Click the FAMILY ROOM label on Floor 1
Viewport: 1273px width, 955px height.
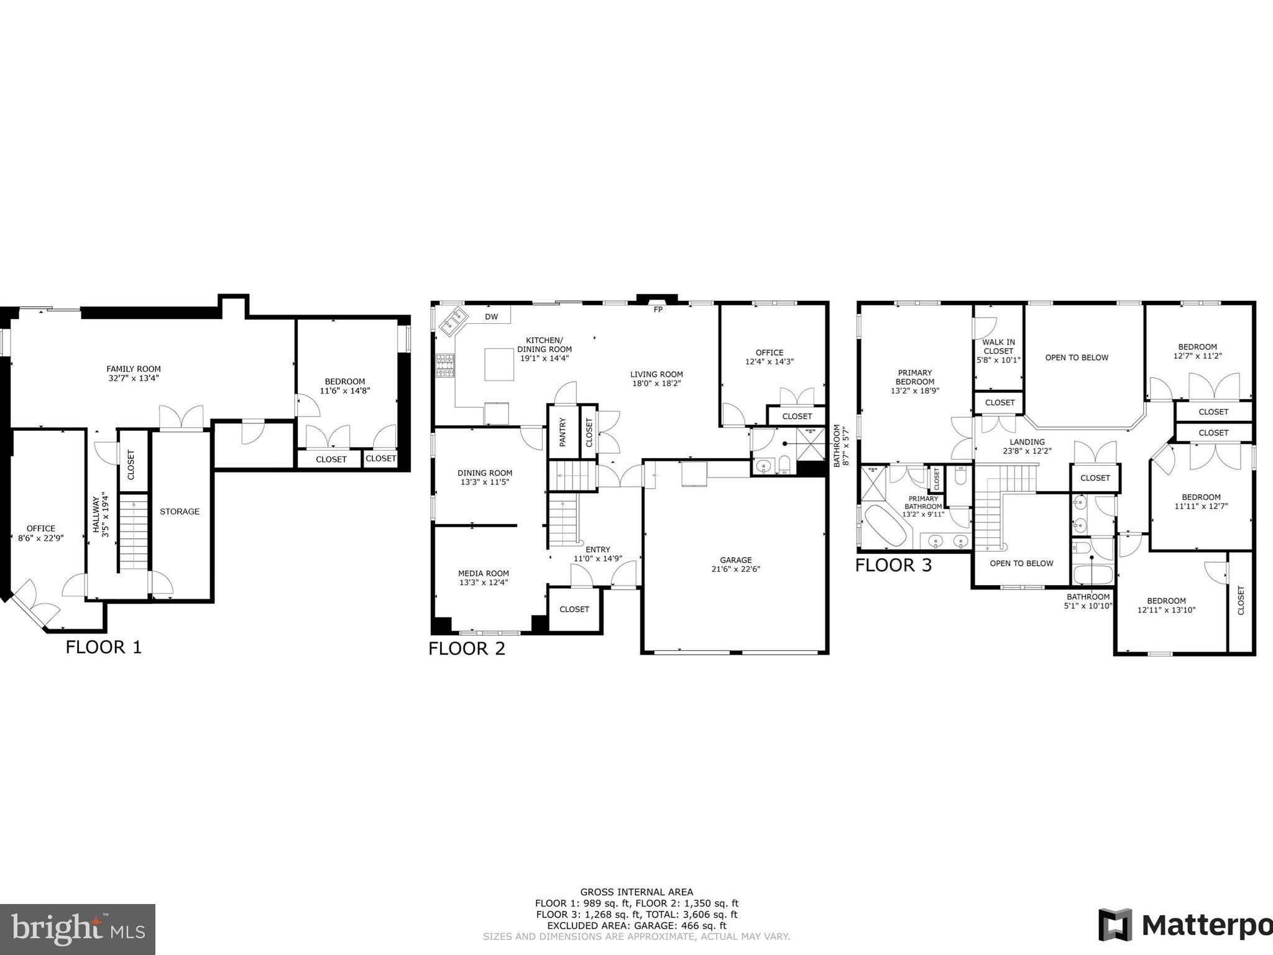133,369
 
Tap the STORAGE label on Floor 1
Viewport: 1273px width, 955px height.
180,511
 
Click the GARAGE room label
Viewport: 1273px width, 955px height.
736,560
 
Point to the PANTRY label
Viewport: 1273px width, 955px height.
563,431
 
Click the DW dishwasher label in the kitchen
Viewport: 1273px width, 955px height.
491,316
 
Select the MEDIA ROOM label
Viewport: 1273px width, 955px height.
484,573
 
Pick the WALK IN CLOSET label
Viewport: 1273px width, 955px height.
998,346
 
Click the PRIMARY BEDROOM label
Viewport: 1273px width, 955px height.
914,377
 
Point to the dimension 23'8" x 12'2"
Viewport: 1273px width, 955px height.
1027,451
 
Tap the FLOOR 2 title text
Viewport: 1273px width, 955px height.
467,648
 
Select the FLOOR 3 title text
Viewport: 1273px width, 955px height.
893,565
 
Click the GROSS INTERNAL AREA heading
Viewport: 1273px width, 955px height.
636,892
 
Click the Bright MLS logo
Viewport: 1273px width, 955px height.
77,929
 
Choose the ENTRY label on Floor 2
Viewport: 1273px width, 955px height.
597,549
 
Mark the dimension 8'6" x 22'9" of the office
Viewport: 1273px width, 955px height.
41,538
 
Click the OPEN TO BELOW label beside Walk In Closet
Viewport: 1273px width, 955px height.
1077,358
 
